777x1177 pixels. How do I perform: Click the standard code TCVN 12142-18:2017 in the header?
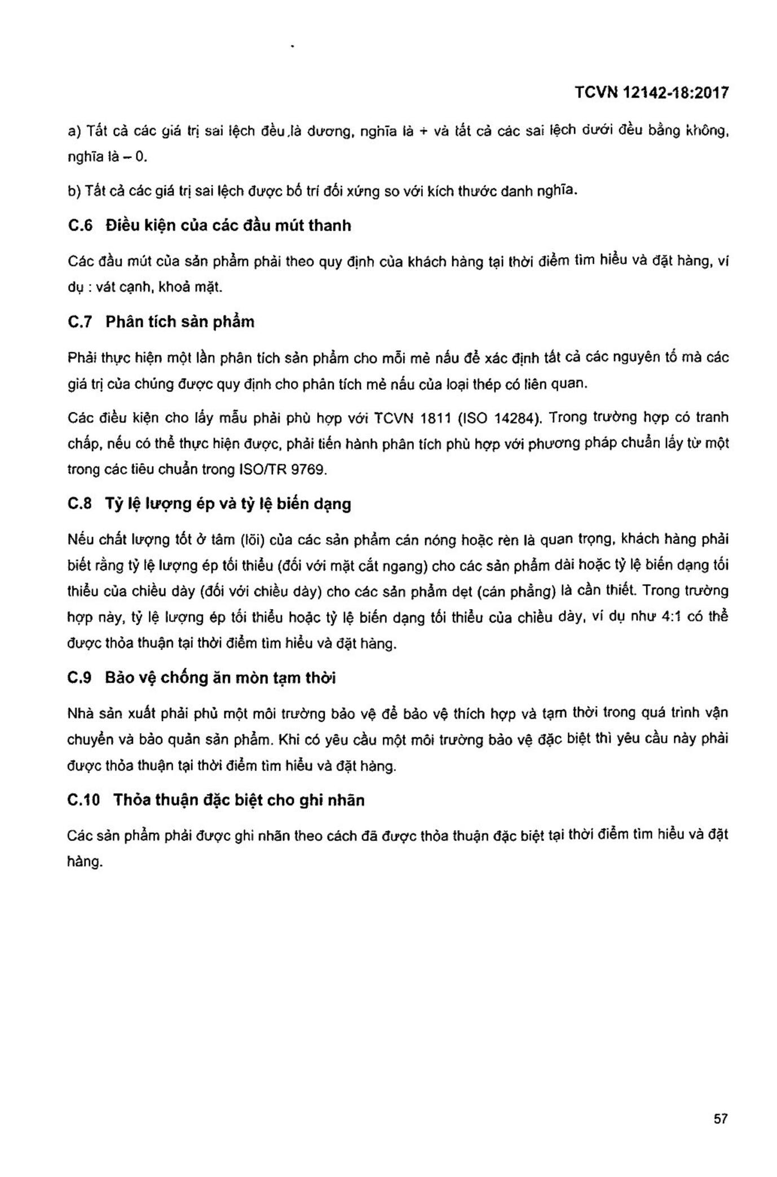pos(651,92)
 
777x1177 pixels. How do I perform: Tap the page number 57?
pos(720,1119)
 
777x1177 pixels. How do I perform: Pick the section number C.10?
pos(83,800)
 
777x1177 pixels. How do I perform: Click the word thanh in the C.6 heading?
pos(330,226)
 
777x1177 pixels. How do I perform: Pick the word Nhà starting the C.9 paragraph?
pos(80,714)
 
